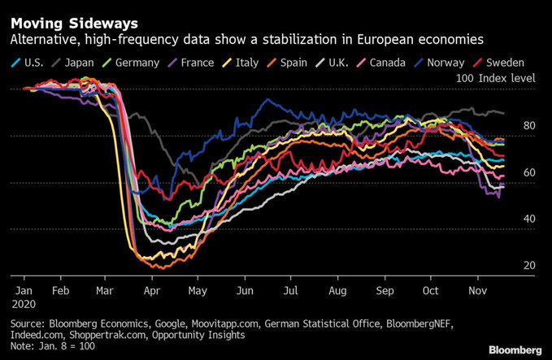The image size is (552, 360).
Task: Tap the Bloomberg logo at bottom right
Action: (x=515, y=349)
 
